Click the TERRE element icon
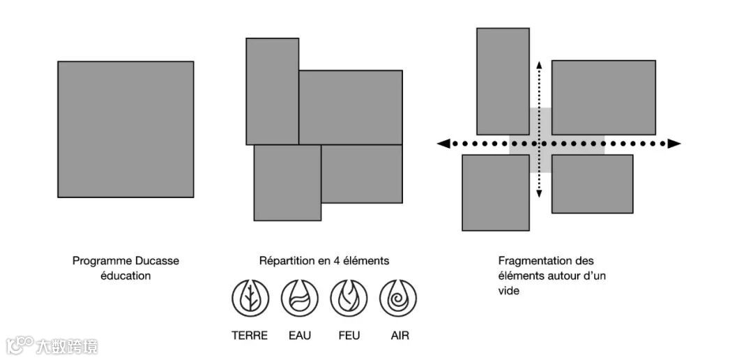250,298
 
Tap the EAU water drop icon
299,298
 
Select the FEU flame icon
349,298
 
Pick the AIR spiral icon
398,298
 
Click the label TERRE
250,336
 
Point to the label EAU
299,336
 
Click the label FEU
349,336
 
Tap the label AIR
400,336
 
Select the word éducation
125,276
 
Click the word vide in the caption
509,291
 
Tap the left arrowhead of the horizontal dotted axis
443,144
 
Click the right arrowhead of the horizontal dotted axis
674,144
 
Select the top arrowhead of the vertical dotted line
538,63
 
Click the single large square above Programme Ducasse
125,129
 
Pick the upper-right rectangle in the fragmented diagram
603,97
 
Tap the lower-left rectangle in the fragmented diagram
495,192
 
